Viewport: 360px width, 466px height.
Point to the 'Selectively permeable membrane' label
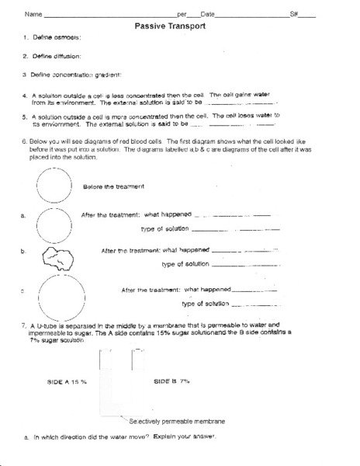coord(178,421)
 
